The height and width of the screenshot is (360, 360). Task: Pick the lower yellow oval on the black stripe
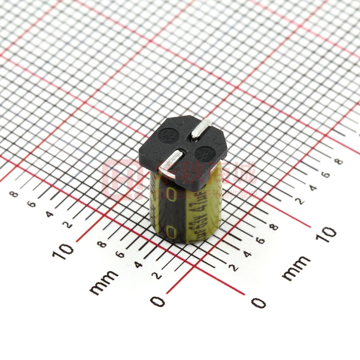coord(170,232)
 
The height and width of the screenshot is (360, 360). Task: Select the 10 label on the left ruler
coord(63,249)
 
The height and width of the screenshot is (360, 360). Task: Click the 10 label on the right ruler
coord(326,234)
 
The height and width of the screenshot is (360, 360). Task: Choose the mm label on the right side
coord(296,268)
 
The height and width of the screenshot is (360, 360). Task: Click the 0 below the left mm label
coord(157,301)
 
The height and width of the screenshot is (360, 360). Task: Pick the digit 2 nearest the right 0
coord(234,268)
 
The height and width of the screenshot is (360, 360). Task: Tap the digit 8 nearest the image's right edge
coord(339,161)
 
